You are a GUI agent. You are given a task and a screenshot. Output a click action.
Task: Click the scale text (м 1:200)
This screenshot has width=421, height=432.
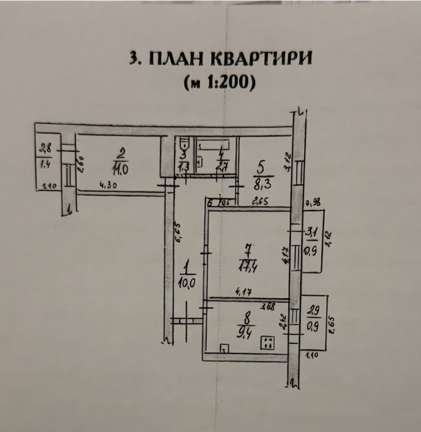220,83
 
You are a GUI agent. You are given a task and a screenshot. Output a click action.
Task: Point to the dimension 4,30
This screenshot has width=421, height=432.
108,185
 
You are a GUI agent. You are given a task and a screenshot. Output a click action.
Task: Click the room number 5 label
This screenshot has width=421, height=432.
260,169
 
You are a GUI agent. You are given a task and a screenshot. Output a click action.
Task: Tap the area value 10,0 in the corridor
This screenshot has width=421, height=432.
187,284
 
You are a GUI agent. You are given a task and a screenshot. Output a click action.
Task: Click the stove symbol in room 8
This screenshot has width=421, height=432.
267,343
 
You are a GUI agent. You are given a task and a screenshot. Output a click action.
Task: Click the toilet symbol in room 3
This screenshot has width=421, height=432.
184,144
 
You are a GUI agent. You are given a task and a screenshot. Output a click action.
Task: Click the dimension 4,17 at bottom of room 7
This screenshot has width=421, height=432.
243,292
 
